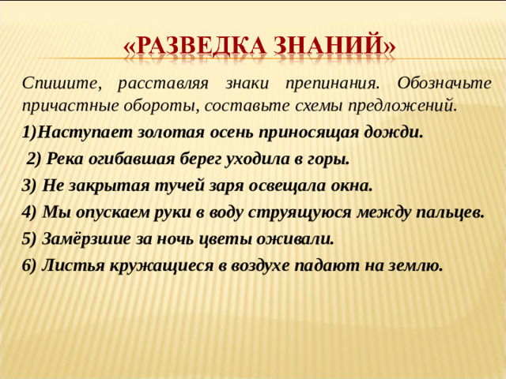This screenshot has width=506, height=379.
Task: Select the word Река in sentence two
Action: coord(66,159)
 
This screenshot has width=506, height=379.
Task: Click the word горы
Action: coord(327,159)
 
